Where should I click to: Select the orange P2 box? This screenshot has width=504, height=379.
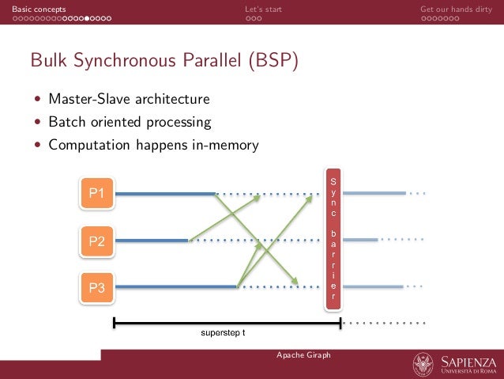tap(97, 241)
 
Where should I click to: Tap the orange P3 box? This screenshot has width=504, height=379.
tap(97, 288)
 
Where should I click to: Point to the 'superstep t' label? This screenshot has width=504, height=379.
tap(222, 332)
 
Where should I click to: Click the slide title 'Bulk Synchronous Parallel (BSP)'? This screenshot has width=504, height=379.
tap(164, 61)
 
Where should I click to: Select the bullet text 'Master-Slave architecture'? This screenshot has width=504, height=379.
tap(129, 100)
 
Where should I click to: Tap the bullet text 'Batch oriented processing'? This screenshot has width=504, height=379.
tap(130, 123)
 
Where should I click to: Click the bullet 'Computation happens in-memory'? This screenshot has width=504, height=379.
tap(153, 146)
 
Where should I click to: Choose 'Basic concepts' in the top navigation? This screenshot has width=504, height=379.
tap(33, 9)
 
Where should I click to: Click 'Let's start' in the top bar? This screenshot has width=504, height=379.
tap(263, 9)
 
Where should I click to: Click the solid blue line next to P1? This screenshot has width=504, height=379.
tap(164, 193)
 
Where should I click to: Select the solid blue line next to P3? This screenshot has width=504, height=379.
tap(175, 287)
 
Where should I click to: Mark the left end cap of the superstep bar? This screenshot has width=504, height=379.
tap(115, 323)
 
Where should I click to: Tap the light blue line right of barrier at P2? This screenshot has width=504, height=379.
tap(361, 240)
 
